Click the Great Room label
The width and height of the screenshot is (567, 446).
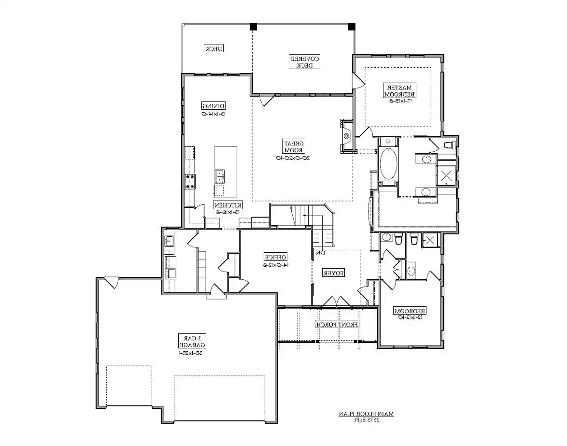pyautogui.click(x=293, y=147)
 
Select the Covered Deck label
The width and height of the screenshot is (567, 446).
pyautogui.click(x=304, y=61)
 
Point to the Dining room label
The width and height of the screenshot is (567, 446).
pyautogui.click(x=213, y=106)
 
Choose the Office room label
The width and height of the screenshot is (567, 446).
pyautogui.click(x=275, y=257)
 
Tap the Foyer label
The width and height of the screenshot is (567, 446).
pyautogui.click(x=333, y=273)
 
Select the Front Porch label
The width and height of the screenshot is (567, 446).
pyautogui.click(x=337, y=324)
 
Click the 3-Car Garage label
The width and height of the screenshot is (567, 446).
pyautogui.click(x=192, y=341)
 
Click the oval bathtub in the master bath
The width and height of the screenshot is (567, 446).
pyautogui.click(x=388, y=164)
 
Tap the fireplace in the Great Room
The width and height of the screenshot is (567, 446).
pyautogui.click(x=347, y=136)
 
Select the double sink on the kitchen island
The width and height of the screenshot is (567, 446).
pyautogui.click(x=219, y=176)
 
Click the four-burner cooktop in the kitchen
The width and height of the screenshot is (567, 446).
pyautogui.click(x=190, y=181)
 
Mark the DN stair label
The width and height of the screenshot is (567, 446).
pyautogui.click(x=319, y=252)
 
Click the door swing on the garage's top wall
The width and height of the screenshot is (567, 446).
pyautogui.click(x=112, y=283)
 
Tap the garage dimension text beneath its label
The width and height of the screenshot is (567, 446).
pyautogui.click(x=192, y=353)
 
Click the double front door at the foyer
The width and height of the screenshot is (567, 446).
pyautogui.click(x=337, y=302)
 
